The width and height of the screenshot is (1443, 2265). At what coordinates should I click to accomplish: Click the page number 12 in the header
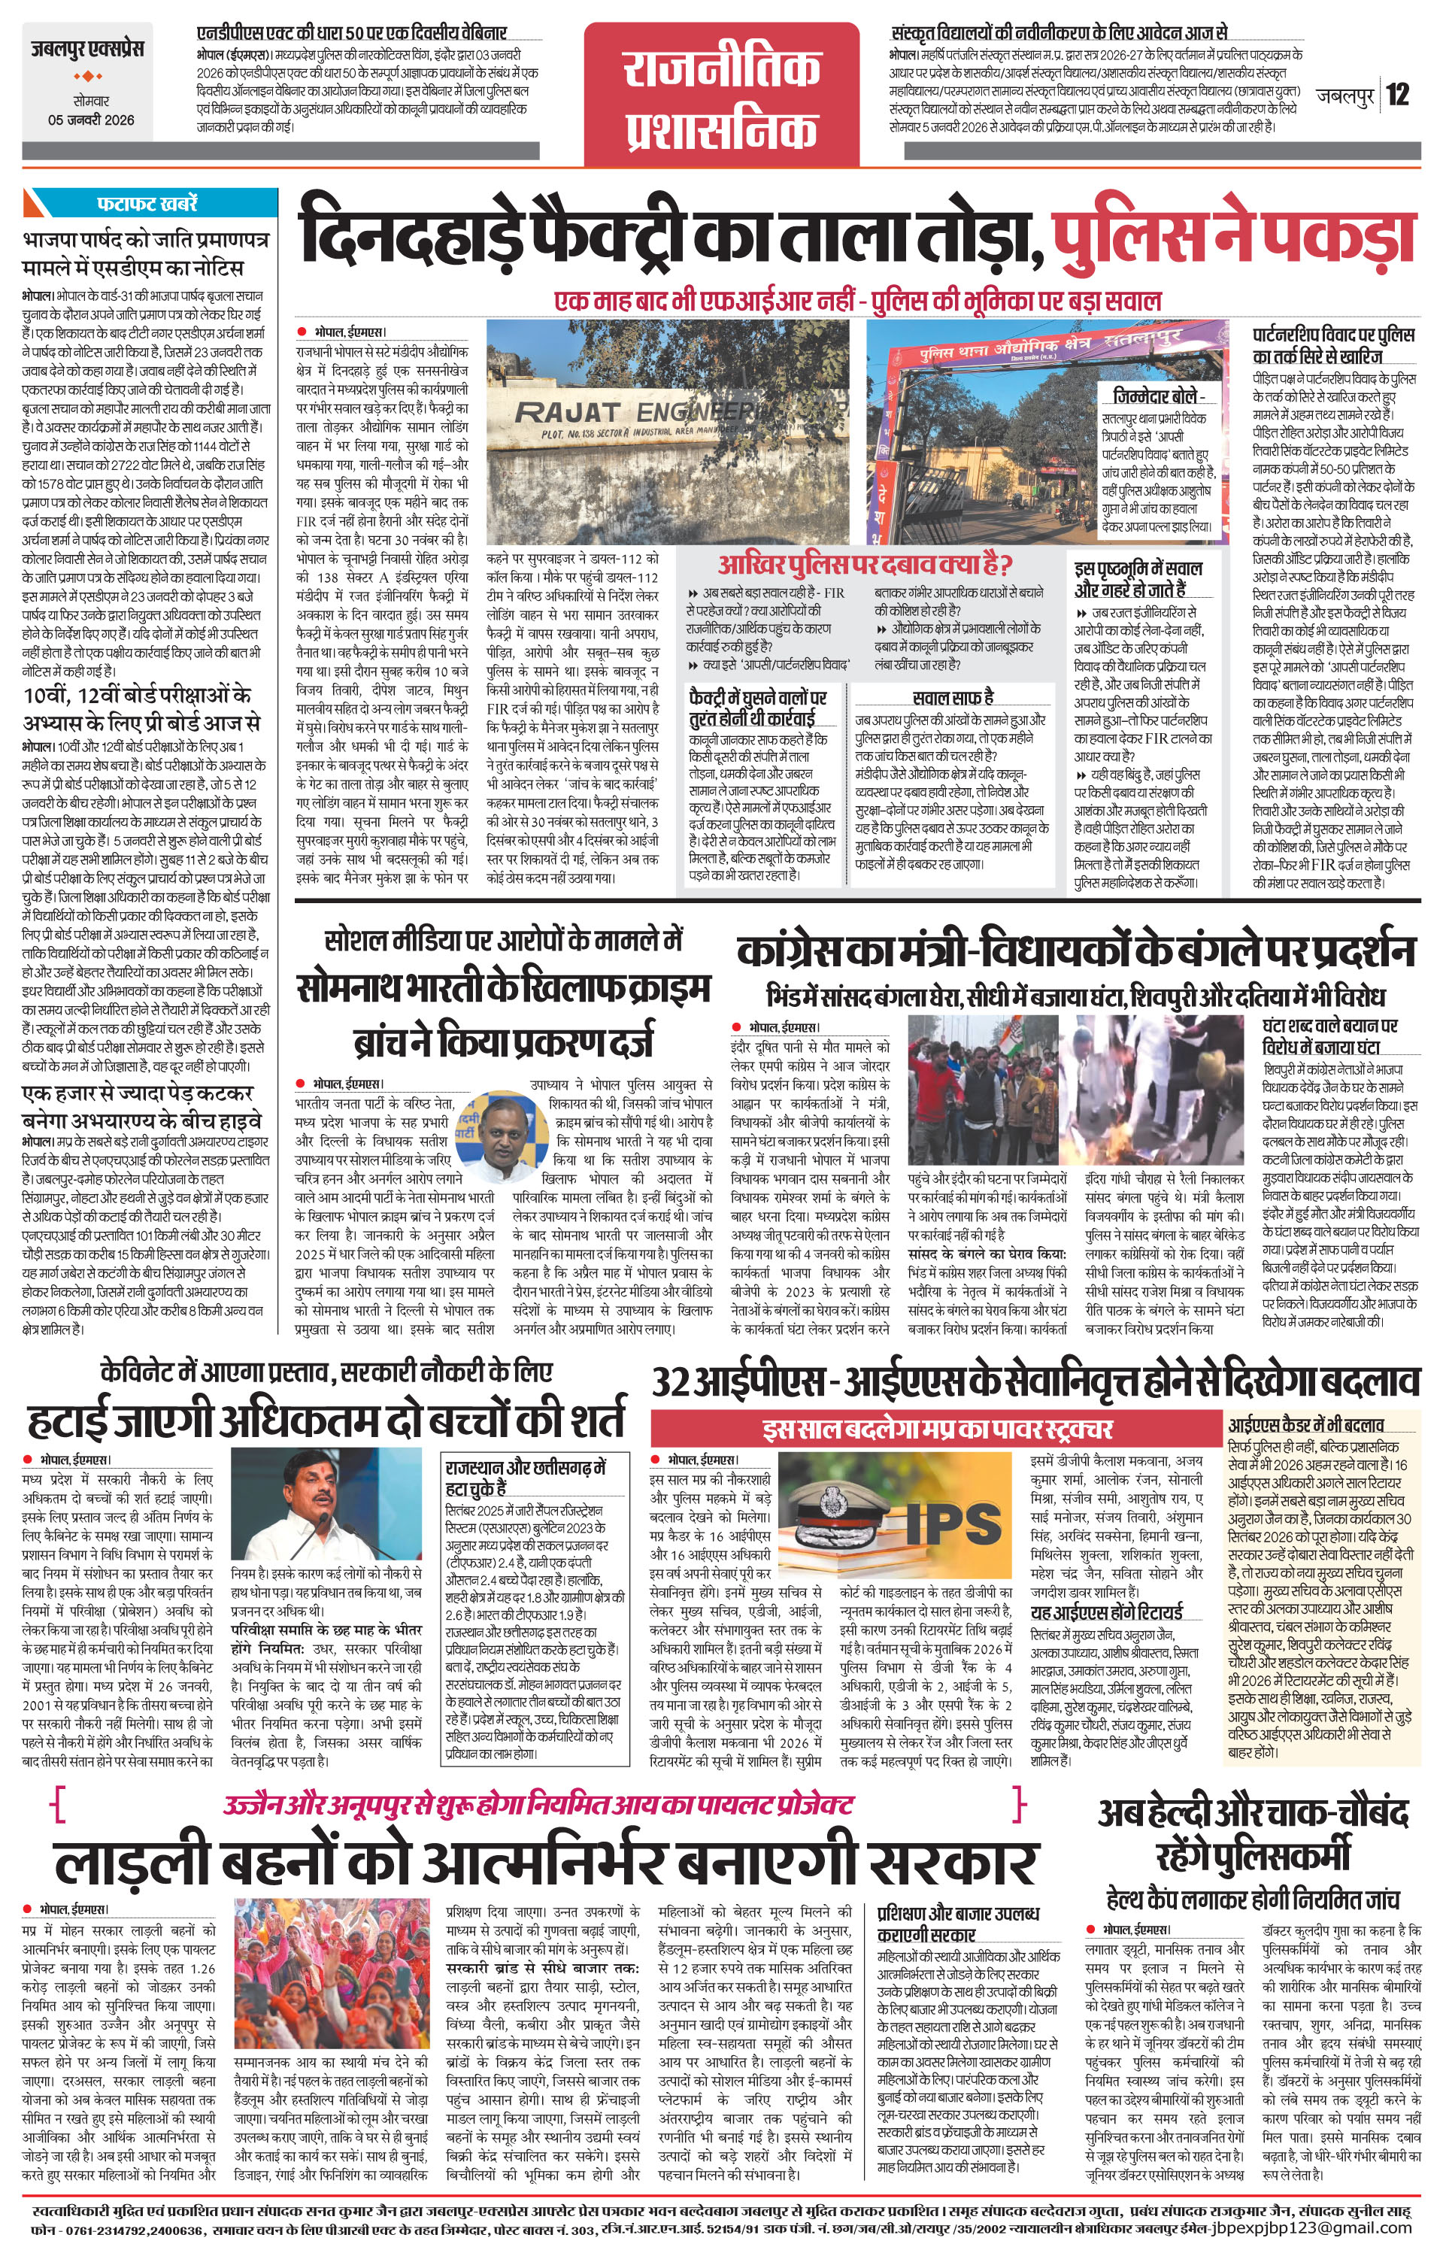(1398, 94)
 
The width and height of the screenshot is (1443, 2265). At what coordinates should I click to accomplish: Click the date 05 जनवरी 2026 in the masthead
(91, 120)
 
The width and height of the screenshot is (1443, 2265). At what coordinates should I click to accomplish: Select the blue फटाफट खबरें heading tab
(149, 203)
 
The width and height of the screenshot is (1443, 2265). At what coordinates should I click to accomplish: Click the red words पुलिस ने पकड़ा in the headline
(1233, 236)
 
